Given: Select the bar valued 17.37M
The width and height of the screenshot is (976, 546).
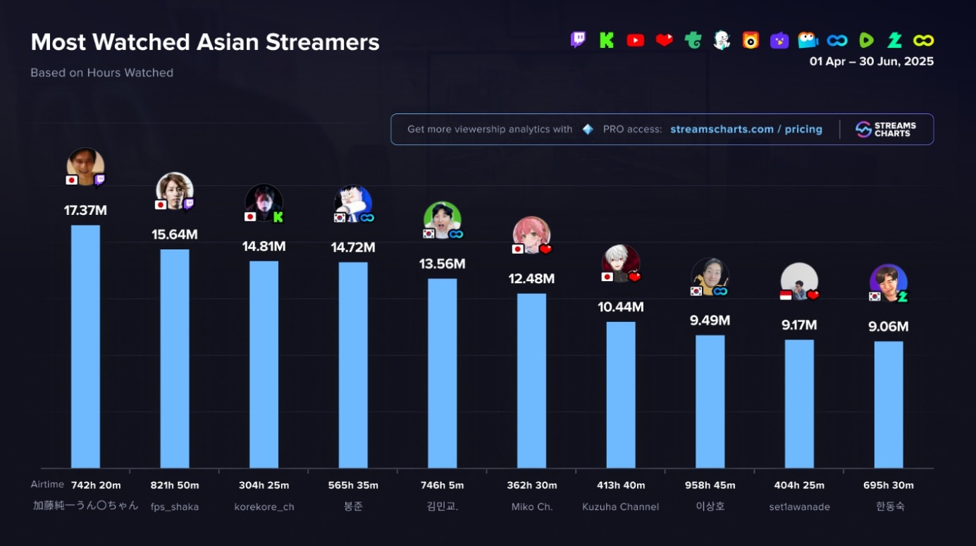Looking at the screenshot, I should pos(85,346).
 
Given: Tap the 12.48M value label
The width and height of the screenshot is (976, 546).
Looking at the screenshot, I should pos(531,279).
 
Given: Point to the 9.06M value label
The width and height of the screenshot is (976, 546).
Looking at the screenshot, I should pos(888,327).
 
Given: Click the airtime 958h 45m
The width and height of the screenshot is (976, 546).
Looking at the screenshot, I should pos(710,485).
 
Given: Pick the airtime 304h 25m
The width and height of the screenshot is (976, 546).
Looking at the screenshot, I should pos(264,485).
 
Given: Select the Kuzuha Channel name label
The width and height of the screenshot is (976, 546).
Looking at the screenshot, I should pos(620,507).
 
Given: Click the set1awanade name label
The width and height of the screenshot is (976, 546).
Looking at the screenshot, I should pos(799,507).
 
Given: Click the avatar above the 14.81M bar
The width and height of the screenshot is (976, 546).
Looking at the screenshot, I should pos(264,203).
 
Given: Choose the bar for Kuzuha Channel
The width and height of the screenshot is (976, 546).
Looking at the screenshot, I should pos(620,395).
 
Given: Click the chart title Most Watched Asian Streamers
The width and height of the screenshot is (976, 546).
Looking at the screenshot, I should pos(205,42).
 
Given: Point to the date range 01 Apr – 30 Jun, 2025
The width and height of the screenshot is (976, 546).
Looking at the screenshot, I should pos(871,62).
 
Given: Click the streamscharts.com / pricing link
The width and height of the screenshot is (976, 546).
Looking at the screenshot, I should pos(746,130).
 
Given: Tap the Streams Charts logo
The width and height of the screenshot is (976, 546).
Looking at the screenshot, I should pos(886,130).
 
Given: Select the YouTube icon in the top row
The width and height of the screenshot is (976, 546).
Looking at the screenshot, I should pos(635,40).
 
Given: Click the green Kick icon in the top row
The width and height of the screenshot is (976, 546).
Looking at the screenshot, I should pos(606,40).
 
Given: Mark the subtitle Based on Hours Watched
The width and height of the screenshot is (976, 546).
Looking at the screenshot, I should pos(101,73).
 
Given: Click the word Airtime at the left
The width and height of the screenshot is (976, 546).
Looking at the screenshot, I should pos(47,485).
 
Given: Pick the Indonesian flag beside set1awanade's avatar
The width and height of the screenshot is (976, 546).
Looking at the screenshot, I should pos(786,295).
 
